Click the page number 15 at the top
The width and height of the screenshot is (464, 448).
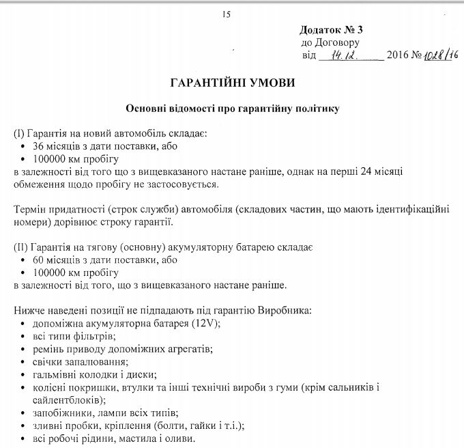point(227,14)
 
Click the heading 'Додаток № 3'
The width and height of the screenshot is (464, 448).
point(331,31)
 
